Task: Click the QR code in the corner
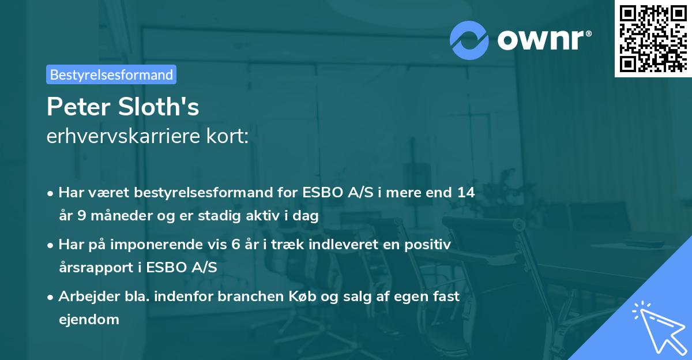click(653, 39)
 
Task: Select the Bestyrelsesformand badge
click(111, 74)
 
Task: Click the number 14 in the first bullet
click(464, 193)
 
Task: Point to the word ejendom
click(89, 319)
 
